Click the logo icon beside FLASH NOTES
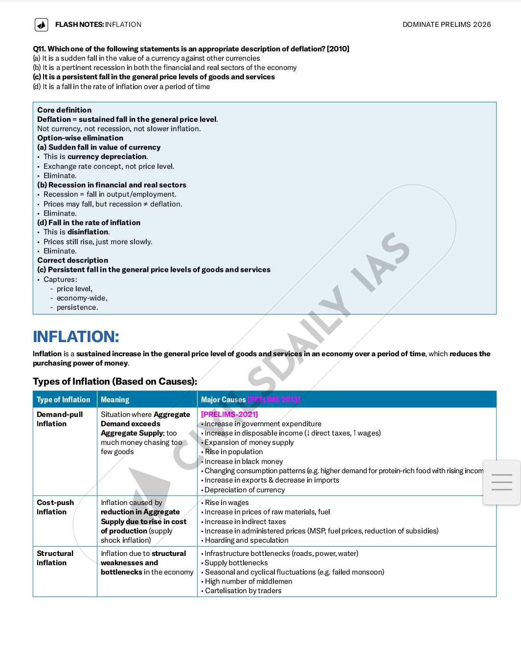(x=42, y=24)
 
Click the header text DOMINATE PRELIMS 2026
(x=446, y=24)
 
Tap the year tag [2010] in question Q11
(x=338, y=49)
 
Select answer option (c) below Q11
(x=154, y=77)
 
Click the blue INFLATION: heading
(x=76, y=337)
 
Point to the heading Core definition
(x=64, y=110)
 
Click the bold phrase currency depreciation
(x=107, y=157)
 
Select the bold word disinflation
(x=88, y=232)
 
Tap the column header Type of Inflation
(x=64, y=400)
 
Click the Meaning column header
(x=115, y=400)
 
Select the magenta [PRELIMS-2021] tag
(x=229, y=415)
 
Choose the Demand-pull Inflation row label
(x=60, y=419)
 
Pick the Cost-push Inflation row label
(x=55, y=507)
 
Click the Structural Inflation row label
(x=55, y=558)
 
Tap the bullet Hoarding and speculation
(x=247, y=540)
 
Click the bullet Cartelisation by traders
(x=243, y=591)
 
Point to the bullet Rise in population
(x=234, y=452)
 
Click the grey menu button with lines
(x=501, y=482)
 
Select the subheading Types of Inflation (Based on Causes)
(x=115, y=382)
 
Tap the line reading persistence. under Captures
(x=77, y=307)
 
